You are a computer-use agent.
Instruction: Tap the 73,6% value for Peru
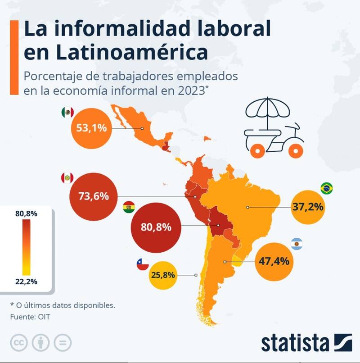click(x=94, y=196)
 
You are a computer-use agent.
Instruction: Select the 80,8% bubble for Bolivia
click(x=156, y=227)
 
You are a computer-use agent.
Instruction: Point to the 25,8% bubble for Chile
click(x=165, y=274)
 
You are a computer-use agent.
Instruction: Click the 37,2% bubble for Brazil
click(x=308, y=207)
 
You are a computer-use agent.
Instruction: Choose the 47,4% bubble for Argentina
click(x=274, y=261)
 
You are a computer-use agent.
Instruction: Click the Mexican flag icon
click(x=67, y=113)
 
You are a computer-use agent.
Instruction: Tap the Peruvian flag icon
click(x=67, y=178)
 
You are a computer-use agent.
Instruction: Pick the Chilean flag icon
click(x=143, y=265)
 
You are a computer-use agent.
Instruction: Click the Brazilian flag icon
click(x=327, y=188)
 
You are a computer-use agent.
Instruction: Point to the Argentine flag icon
click(x=297, y=245)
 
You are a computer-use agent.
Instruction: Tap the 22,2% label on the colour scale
click(x=26, y=281)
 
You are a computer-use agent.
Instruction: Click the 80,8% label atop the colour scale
click(x=26, y=213)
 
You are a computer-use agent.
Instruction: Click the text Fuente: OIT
click(x=30, y=317)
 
